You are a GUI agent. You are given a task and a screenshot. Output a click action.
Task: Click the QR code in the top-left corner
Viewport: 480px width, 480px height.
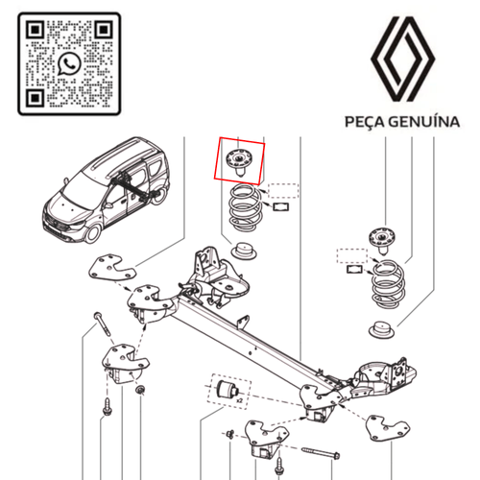pos(68,63)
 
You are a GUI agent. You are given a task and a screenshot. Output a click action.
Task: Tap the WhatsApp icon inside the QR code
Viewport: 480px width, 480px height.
pos(69,64)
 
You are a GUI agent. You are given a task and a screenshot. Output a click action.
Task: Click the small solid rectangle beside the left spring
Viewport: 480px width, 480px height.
pos(282,204)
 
